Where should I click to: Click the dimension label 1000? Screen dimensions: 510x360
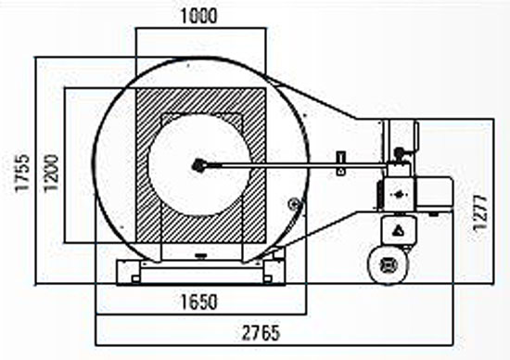198,16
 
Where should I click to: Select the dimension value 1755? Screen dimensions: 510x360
23,174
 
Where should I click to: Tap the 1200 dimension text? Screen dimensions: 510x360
51,173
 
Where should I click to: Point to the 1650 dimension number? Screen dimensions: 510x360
198,302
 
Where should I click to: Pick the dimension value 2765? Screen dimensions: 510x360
261,333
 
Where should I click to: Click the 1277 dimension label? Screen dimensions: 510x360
480,213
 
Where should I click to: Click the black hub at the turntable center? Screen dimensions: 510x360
198,166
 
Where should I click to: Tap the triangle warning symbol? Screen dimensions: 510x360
398,231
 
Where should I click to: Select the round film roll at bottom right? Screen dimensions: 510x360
388,264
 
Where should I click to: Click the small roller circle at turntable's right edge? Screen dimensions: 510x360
294,204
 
